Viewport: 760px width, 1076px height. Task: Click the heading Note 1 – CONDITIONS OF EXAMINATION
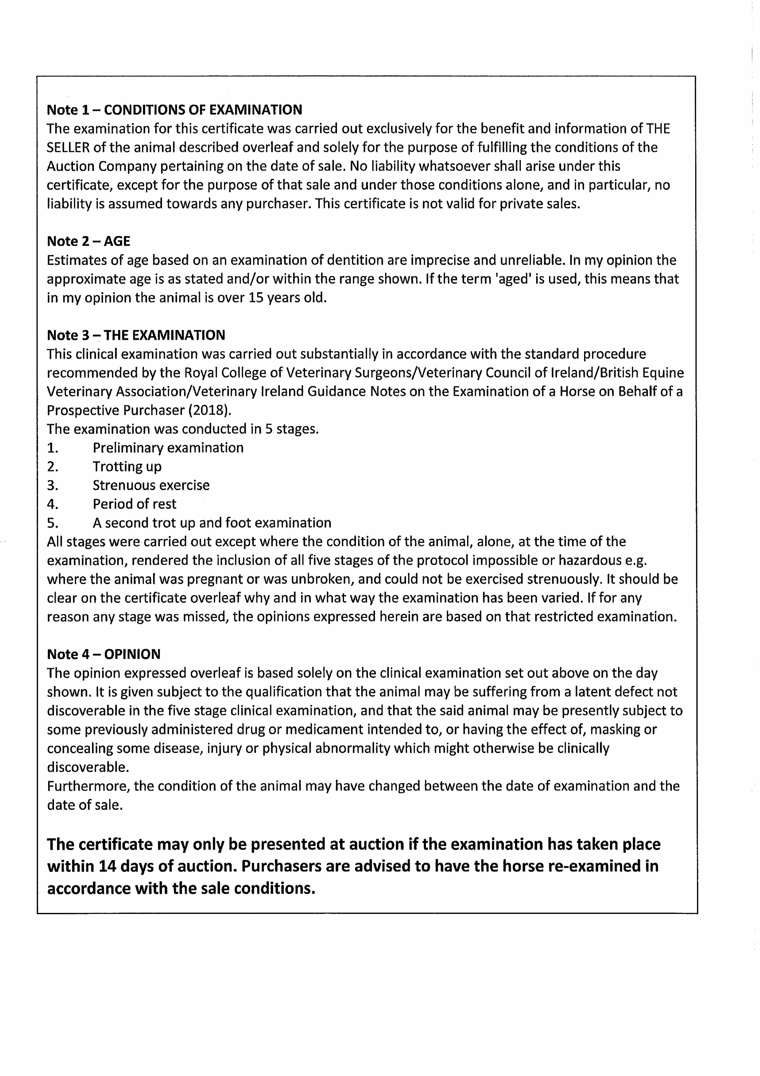(x=174, y=110)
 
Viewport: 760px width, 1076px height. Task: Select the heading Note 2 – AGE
(x=89, y=241)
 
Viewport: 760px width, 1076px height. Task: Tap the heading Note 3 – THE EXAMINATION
(x=136, y=335)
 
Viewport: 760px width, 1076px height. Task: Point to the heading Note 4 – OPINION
(x=103, y=654)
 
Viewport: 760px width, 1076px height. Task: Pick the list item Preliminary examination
(x=168, y=448)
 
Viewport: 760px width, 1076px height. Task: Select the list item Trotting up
(x=127, y=467)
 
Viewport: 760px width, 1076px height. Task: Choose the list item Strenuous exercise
(x=151, y=485)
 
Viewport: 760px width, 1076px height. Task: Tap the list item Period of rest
(x=134, y=504)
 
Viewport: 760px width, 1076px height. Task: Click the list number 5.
(x=52, y=523)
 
